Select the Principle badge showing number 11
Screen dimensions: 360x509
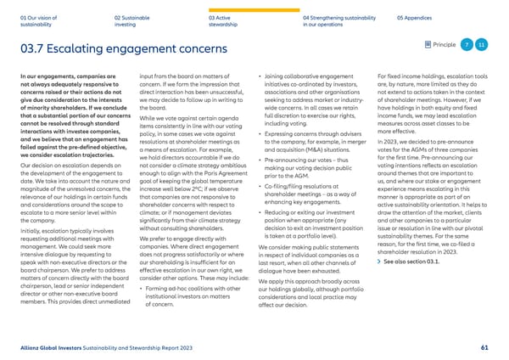[x=481, y=44]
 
